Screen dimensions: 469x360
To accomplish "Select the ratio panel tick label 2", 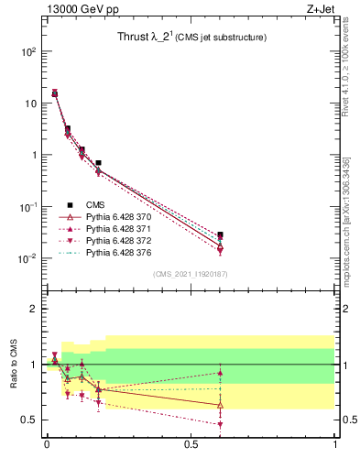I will click(34, 309).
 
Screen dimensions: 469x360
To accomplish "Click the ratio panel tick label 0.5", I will click(29, 420).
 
